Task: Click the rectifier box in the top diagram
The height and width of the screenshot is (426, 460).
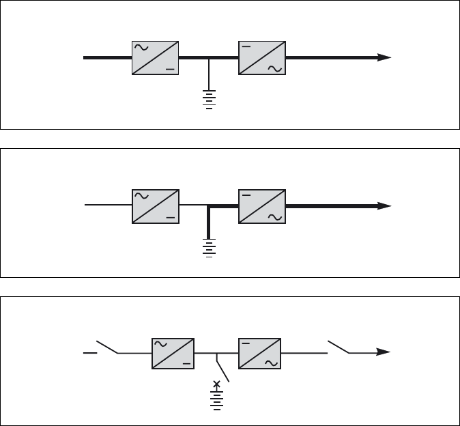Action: pyautogui.click(x=154, y=58)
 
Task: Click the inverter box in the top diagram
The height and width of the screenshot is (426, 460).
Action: pyautogui.click(x=262, y=58)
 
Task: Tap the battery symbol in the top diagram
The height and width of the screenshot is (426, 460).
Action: pyautogui.click(x=209, y=98)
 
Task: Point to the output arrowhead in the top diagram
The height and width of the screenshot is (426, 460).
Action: pyautogui.click(x=385, y=58)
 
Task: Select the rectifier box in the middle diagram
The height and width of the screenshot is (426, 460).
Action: pyautogui.click(x=154, y=205)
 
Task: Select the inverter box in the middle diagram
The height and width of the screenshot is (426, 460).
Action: pyautogui.click(x=262, y=205)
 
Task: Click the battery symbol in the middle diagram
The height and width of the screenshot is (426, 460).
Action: pyautogui.click(x=209, y=248)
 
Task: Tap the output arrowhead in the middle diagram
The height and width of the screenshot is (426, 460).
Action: pyautogui.click(x=385, y=205)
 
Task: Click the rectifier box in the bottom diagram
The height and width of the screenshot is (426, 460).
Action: pyautogui.click(x=172, y=353)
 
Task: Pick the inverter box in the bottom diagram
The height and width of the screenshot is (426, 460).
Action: pyautogui.click(x=259, y=353)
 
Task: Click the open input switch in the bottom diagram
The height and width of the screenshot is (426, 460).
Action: pyautogui.click(x=106, y=347)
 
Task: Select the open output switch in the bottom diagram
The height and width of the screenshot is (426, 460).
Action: pyautogui.click(x=339, y=347)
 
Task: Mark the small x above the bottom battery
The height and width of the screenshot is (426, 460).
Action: pyautogui.click(x=217, y=384)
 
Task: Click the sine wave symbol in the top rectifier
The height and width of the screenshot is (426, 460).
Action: pyautogui.click(x=142, y=48)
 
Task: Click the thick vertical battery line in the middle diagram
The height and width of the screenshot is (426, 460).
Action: pyautogui.click(x=209, y=221)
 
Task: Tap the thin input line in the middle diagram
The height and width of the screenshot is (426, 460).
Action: pyautogui.click(x=106, y=205)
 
